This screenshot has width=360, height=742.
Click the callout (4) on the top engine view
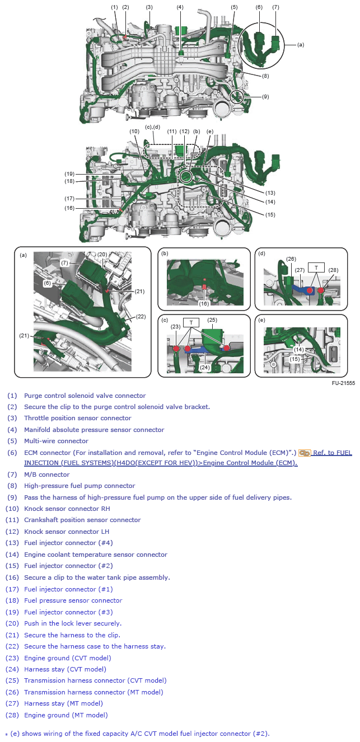[180, 7]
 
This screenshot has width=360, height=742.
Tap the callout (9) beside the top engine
[265, 96]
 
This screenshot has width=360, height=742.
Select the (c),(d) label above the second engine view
[153, 127]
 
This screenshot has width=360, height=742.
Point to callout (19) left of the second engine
[69, 173]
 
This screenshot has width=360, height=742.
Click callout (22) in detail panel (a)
[141, 317]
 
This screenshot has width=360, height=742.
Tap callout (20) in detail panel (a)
[102, 255]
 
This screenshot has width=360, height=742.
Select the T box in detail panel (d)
[316, 267]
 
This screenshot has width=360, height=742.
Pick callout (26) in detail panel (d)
[291, 259]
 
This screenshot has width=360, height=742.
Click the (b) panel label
[165, 254]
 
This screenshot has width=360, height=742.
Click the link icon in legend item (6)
[305, 453]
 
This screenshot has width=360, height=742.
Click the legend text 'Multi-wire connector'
[56, 441]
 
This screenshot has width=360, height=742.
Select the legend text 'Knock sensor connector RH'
[67, 509]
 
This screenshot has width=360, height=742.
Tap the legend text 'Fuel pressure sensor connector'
[73, 600]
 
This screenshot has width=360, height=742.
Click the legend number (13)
[12, 543]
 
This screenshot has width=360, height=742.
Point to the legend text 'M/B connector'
[47, 475]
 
